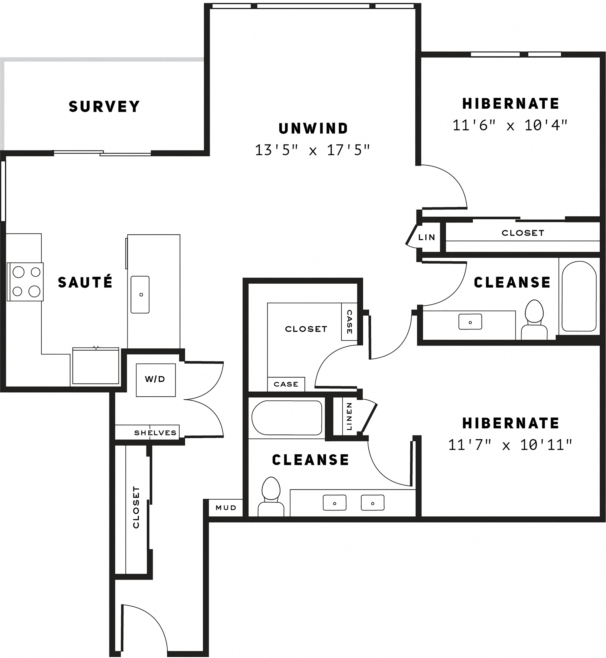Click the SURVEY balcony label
[104, 107]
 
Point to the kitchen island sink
[140, 294]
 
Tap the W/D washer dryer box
[155, 380]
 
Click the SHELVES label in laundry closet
[155, 433]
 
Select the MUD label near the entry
[226, 508]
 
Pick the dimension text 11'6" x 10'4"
[510, 125]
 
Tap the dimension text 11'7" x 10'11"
[510, 445]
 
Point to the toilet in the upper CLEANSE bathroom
[534, 320]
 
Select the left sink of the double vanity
[335, 502]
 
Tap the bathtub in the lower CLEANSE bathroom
[287, 418]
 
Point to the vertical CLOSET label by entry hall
[136, 507]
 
